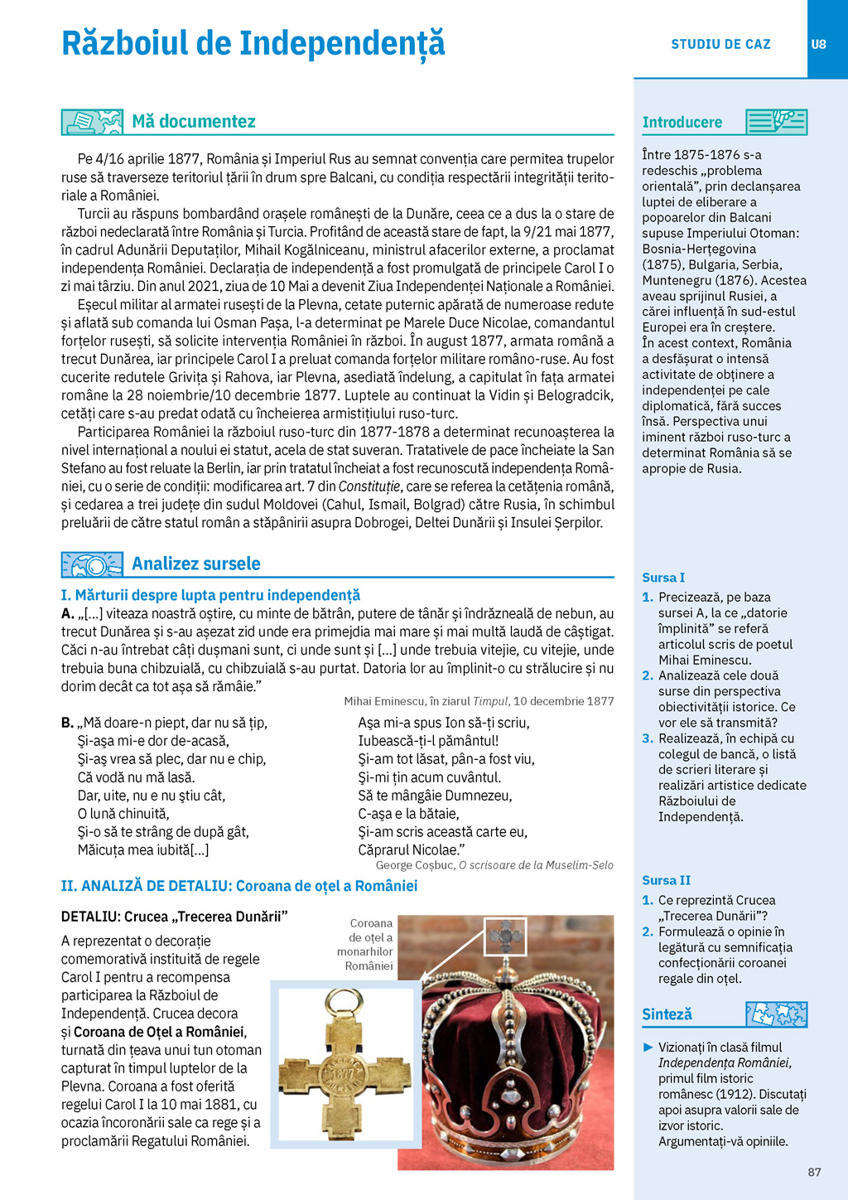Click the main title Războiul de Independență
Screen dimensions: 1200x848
pos(253,44)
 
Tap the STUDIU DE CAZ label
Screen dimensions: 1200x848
pos(720,45)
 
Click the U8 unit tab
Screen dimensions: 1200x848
pos(818,45)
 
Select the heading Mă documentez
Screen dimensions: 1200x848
pos(194,122)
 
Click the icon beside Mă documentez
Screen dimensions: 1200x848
pos(92,122)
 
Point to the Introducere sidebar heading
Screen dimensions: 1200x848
pos(682,123)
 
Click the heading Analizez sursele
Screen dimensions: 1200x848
pos(196,564)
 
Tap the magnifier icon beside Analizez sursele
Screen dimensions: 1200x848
pos(92,564)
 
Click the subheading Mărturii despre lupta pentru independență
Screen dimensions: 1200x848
pos(210,595)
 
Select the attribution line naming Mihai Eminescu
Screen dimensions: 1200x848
pos(479,701)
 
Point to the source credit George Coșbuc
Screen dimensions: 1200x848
pos(494,865)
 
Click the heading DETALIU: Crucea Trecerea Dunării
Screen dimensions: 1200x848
pos(175,917)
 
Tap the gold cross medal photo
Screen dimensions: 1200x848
pos(345,1063)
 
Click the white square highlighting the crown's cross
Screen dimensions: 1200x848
pos(505,936)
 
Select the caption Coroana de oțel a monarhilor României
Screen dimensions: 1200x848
pos(367,945)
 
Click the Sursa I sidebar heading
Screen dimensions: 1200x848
pos(663,578)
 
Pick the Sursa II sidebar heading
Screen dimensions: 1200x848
pos(666,880)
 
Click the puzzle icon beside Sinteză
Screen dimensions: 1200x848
pos(776,1014)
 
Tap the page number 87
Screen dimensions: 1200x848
pos(814,1172)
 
